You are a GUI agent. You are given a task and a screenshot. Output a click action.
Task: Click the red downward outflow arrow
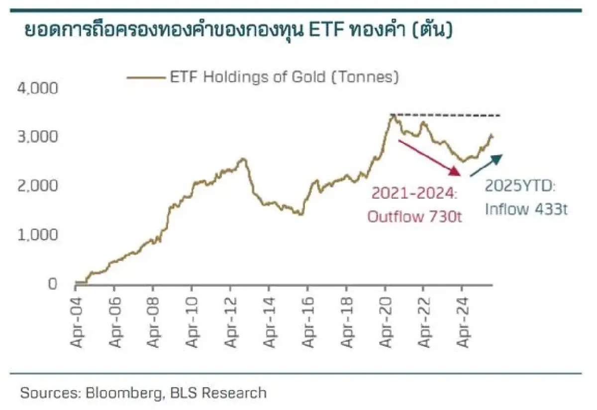[x=428, y=158]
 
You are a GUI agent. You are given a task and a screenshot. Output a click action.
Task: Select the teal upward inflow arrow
[x=487, y=165]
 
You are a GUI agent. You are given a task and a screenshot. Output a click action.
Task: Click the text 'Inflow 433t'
[x=526, y=209]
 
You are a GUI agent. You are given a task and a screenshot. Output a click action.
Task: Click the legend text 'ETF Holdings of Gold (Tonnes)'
[x=284, y=77]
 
